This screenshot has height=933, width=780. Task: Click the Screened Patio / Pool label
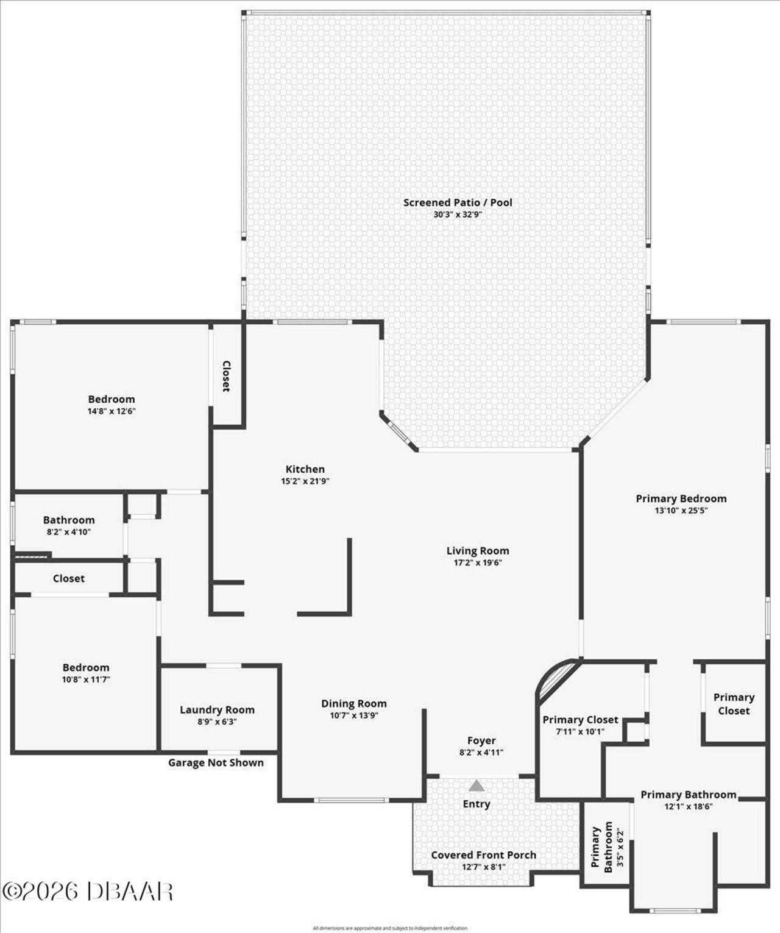[458, 202]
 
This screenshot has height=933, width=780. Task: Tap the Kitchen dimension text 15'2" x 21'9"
[305, 481]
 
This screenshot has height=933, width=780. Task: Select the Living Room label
[477, 551]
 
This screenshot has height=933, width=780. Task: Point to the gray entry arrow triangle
[477, 786]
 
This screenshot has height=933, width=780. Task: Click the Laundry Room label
[217, 710]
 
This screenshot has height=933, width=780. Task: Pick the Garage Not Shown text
[216, 763]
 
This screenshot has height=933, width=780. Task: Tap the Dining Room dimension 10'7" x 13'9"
[354, 715]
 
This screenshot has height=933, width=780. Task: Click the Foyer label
[481, 741]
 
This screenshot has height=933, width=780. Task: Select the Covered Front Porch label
[483, 855]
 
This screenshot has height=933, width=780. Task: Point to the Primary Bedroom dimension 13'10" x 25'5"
[681, 511]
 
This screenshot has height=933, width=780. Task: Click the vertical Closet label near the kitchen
[226, 376]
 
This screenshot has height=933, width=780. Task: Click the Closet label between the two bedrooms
[68, 579]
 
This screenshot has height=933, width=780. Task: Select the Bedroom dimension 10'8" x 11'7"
[86, 679]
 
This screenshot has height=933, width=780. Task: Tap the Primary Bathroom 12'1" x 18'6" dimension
[688, 807]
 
